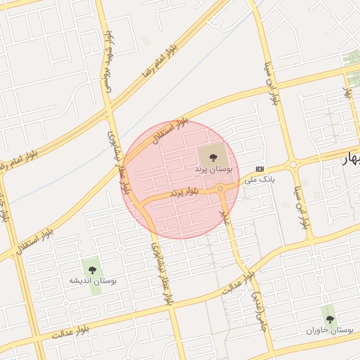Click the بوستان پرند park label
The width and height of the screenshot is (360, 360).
click(x=214, y=170)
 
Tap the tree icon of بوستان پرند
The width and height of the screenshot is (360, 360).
click(x=214, y=153)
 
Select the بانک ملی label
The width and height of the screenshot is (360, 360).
click(x=259, y=180)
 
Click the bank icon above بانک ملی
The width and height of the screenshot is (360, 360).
click(x=260, y=169)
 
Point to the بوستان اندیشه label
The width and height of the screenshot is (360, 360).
click(x=93, y=281)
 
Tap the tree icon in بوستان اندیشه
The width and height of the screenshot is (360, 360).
click(x=91, y=267)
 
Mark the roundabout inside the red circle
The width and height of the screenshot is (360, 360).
click(x=221, y=188)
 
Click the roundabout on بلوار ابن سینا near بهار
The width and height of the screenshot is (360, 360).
click(x=292, y=165)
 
